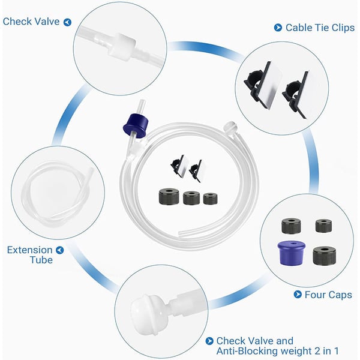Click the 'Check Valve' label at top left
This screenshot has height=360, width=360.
31,22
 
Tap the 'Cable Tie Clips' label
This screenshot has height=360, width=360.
320,28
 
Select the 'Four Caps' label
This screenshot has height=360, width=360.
328,295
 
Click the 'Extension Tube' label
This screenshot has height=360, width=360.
30,255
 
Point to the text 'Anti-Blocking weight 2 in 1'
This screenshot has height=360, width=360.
277,351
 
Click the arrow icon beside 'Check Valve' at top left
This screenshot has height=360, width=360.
67,22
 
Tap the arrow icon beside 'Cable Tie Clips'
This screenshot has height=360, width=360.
278,28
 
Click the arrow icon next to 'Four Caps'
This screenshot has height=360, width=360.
298,294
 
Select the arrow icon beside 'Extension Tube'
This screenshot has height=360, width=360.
60,250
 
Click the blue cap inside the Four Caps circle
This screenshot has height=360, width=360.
292,253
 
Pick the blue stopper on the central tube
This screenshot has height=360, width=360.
136,125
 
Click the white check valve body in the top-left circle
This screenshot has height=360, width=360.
122,47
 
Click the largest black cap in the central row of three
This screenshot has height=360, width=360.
169,196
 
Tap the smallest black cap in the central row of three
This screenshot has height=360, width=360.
211,199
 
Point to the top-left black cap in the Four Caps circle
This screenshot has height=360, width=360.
291,226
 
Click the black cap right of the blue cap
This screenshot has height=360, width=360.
324,256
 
